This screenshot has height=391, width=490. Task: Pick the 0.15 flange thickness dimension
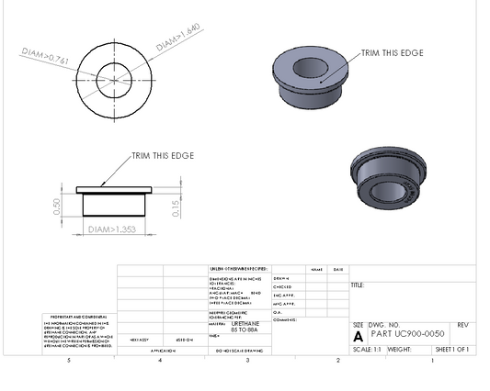click(x=176, y=202)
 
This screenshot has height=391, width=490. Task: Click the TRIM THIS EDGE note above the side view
click(x=163, y=156)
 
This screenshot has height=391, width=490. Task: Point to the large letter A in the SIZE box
click(x=358, y=337)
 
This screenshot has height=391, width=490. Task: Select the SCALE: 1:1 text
click(x=368, y=350)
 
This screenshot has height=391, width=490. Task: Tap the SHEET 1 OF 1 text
click(x=451, y=350)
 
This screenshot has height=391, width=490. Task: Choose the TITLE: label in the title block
click(x=359, y=285)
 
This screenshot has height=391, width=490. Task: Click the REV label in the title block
click(x=462, y=326)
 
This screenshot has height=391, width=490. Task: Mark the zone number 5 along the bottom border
click(x=69, y=361)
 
